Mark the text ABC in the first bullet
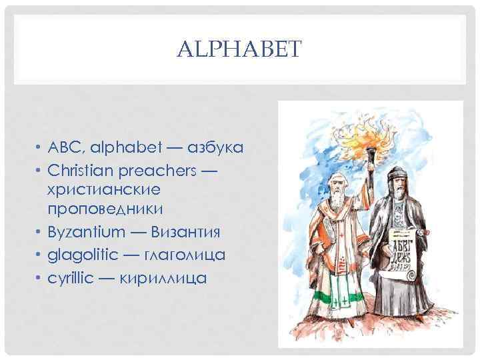point(62,148)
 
